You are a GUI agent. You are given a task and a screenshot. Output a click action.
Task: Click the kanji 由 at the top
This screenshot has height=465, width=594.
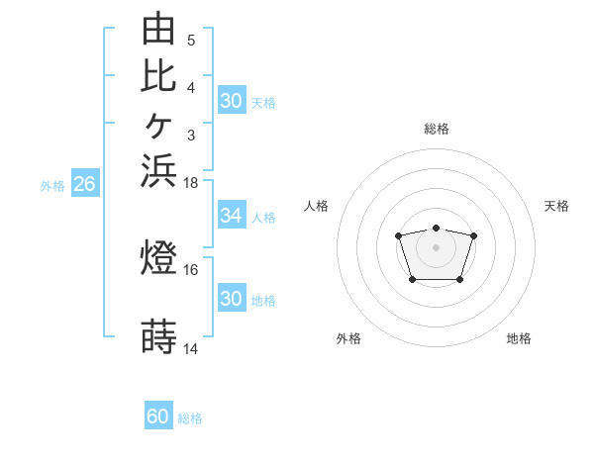click(x=158, y=28)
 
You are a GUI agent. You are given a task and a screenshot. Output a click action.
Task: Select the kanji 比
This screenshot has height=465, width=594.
click(x=158, y=76)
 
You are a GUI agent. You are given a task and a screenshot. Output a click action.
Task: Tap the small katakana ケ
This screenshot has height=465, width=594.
click(x=158, y=126)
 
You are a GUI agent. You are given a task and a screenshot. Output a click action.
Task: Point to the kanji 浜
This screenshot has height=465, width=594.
click(x=158, y=170)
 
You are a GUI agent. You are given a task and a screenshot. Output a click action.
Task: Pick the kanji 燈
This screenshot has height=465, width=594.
click(x=158, y=256)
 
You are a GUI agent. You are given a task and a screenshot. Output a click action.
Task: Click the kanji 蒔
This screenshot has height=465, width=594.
click(x=158, y=336)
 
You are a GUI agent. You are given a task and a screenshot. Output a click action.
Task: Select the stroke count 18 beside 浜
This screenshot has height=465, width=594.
click(x=190, y=183)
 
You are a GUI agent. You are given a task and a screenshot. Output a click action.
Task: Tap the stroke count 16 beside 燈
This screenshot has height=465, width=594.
click(x=190, y=270)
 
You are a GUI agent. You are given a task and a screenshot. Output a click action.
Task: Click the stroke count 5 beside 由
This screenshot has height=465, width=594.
click(x=191, y=41)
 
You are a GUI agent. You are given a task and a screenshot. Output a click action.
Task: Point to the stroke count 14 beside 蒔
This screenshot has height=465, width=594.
click(x=190, y=349)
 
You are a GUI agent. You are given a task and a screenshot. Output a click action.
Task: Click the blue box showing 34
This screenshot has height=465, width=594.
click(x=232, y=215)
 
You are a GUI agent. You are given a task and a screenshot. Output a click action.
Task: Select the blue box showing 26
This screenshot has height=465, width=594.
click(x=85, y=182)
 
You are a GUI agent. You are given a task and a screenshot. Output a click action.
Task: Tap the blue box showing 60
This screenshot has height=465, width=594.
click(x=158, y=415)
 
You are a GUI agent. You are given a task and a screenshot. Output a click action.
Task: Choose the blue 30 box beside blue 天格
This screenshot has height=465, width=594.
click(x=232, y=100)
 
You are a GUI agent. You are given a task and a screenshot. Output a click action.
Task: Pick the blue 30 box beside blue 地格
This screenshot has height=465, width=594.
click(x=232, y=297)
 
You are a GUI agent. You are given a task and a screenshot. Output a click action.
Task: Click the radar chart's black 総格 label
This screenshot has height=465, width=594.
click(x=437, y=129)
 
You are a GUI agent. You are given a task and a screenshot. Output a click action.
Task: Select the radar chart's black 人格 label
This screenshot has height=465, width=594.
click(x=316, y=206)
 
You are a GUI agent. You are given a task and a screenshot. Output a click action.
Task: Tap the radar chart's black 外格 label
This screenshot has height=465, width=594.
click(x=348, y=338)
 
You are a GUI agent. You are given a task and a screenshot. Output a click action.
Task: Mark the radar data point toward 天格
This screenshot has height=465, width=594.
click(x=473, y=235)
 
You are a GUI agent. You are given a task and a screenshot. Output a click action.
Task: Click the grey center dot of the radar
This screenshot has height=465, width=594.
click(x=436, y=247)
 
